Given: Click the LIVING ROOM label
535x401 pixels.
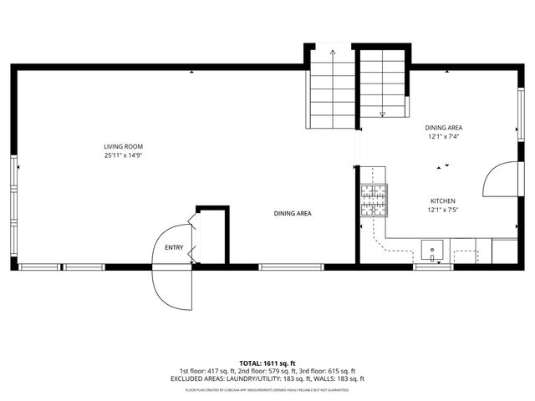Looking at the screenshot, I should [x=123, y=146].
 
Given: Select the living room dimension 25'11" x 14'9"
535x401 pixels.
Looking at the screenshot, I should [x=123, y=155].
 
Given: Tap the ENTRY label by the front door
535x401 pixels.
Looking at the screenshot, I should [x=174, y=247].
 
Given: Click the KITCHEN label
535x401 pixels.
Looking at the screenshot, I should [x=442, y=201].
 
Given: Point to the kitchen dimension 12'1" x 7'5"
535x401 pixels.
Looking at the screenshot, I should [x=442, y=211].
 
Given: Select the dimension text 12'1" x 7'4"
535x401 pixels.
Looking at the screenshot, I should [x=444, y=136].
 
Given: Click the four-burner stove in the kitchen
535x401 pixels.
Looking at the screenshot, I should [x=374, y=200].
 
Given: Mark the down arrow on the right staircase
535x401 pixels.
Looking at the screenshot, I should [x=383, y=114].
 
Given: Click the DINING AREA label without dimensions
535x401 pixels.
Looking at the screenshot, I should [x=293, y=214].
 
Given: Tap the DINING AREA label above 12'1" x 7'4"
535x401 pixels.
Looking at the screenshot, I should [x=444, y=127].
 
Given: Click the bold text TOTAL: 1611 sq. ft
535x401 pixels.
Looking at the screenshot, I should [x=267, y=363].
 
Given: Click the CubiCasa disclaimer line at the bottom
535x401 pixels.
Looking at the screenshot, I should [x=267, y=389].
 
